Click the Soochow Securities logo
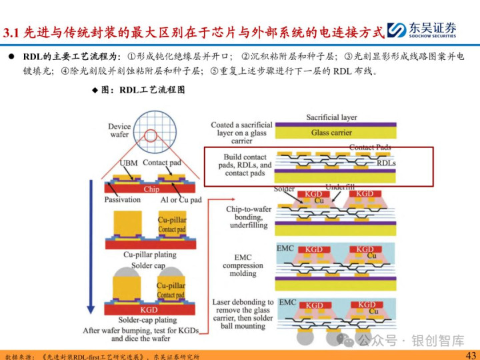[x=425, y=29]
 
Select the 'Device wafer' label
[x=119, y=129]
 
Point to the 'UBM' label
[x=129, y=162]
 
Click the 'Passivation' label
[x=123, y=199]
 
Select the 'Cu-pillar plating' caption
[x=150, y=254]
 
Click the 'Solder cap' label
[x=149, y=265]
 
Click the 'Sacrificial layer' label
[x=331, y=117]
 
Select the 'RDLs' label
[x=386, y=163]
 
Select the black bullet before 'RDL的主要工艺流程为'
[x=11, y=56]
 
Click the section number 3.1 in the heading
[x=12, y=31]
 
